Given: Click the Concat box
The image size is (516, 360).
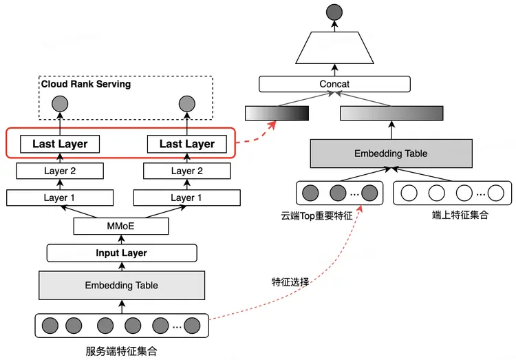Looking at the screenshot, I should pyautogui.click(x=334, y=84).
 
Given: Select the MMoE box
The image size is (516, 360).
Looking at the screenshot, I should pyautogui.click(x=121, y=226).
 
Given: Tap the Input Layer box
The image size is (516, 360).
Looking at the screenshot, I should pyautogui.click(x=121, y=253).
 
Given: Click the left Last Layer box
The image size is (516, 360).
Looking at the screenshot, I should pyautogui.click(x=59, y=144).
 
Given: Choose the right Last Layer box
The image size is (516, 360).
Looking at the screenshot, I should pyautogui.click(x=186, y=144).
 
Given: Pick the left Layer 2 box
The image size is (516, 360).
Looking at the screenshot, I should pyautogui.click(x=59, y=171).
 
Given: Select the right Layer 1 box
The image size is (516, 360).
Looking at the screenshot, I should pyautogui.click(x=186, y=198).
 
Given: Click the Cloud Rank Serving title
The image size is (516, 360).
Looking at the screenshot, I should pyautogui.click(x=86, y=84).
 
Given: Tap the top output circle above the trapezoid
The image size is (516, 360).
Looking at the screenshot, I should pyautogui.click(x=334, y=11).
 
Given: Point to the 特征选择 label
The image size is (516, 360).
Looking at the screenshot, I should pyautogui.click(x=290, y=282).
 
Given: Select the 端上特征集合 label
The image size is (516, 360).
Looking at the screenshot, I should pyautogui.click(x=460, y=215).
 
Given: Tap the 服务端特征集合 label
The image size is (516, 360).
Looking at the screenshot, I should pyautogui.click(x=121, y=351).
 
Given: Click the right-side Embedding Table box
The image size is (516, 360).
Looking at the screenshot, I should pyautogui.click(x=391, y=153).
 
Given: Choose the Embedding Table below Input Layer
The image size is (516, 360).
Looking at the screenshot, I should pyautogui.click(x=121, y=285).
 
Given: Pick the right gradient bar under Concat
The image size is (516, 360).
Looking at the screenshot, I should pyautogui.click(x=391, y=113).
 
